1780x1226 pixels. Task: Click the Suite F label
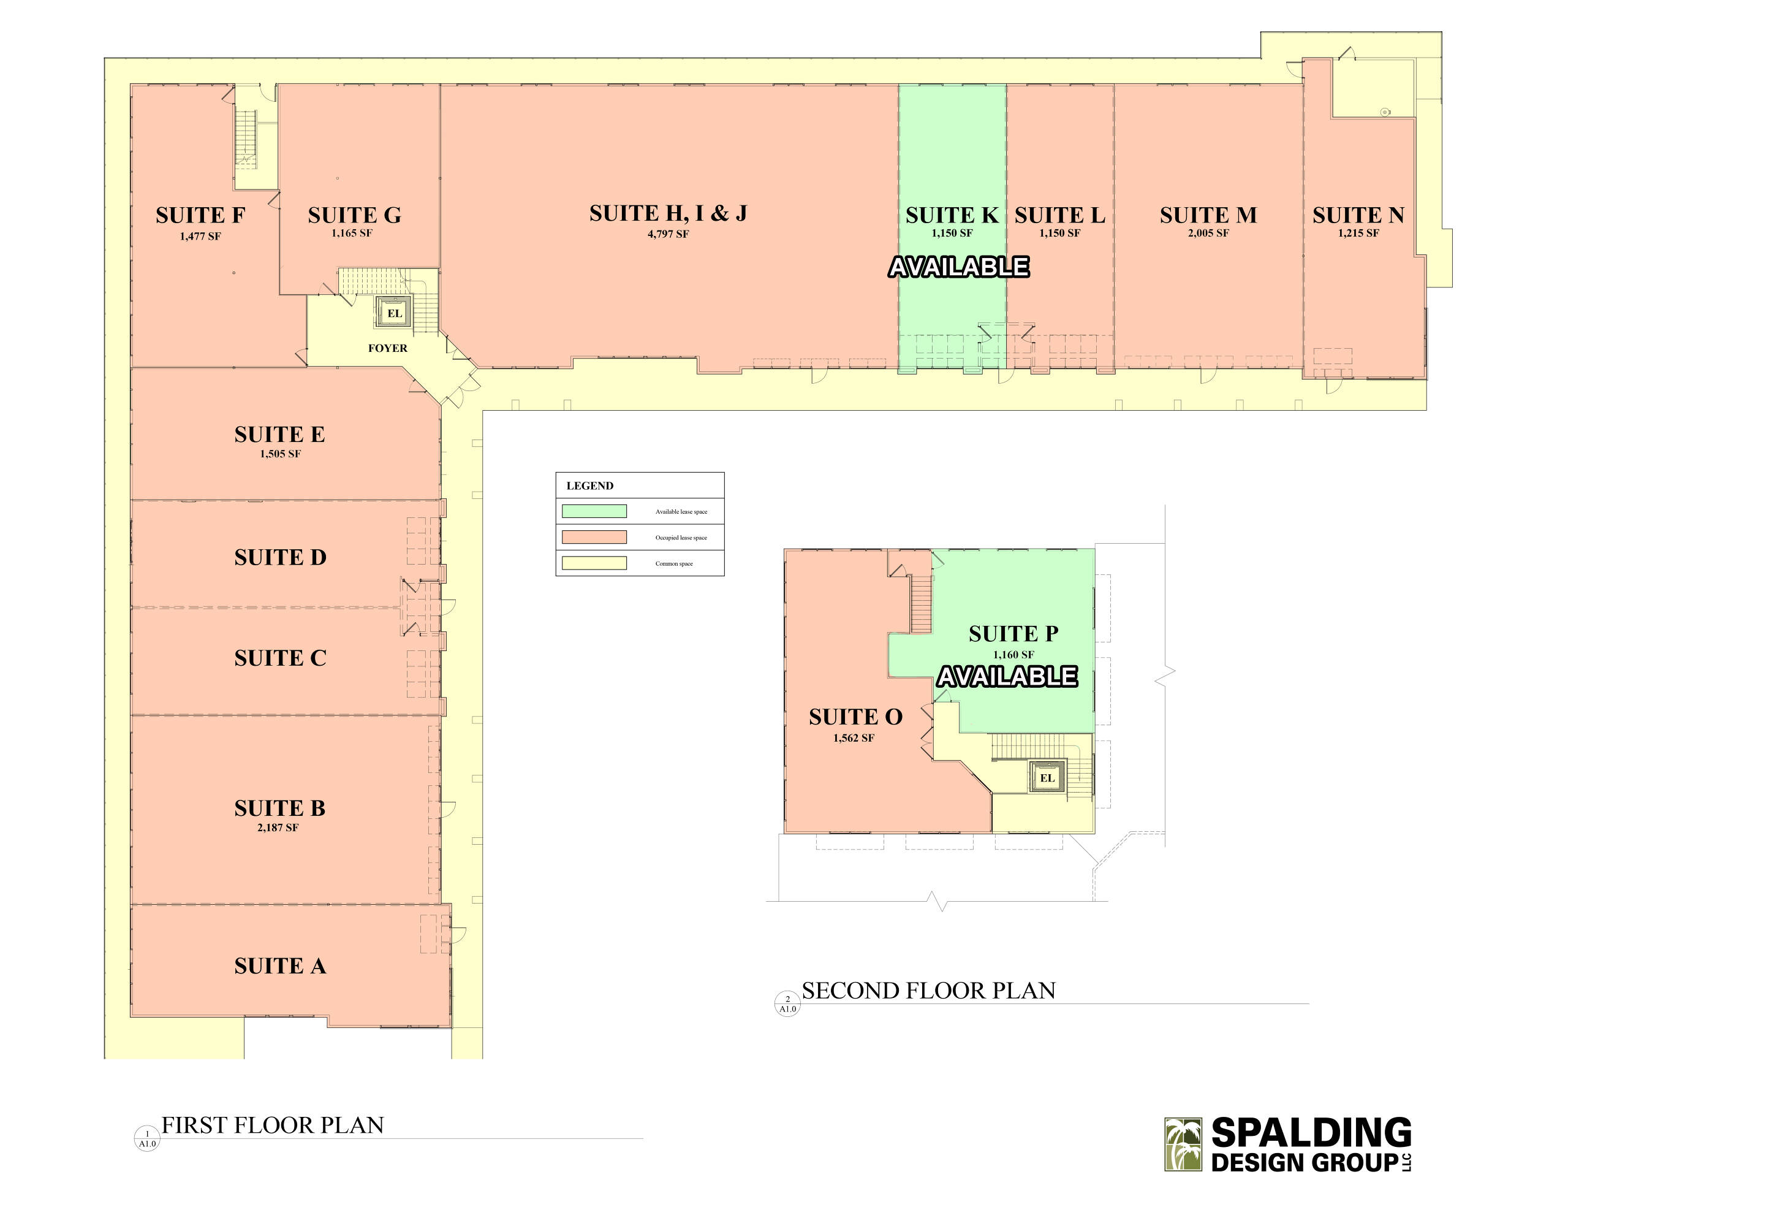point(200,215)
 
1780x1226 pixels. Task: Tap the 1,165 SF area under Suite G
point(352,233)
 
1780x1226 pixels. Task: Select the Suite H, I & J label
point(668,213)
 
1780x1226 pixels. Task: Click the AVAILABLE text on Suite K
point(959,267)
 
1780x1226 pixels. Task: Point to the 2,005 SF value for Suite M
point(1208,233)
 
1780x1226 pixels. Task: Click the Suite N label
point(1358,215)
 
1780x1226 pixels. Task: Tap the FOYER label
point(388,348)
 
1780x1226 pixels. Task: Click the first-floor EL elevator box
point(394,313)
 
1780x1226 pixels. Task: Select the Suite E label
point(279,434)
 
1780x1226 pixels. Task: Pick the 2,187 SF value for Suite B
point(278,828)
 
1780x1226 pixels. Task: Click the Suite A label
point(280,965)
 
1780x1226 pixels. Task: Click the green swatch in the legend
point(594,511)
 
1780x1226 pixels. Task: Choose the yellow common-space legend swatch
point(594,563)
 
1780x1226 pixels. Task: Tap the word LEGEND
point(589,485)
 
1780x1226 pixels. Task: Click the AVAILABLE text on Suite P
point(1007,676)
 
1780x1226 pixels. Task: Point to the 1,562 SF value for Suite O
point(854,738)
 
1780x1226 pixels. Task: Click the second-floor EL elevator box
point(1047,777)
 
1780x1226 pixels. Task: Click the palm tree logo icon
point(1183,1144)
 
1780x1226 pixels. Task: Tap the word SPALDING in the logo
point(1312,1134)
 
